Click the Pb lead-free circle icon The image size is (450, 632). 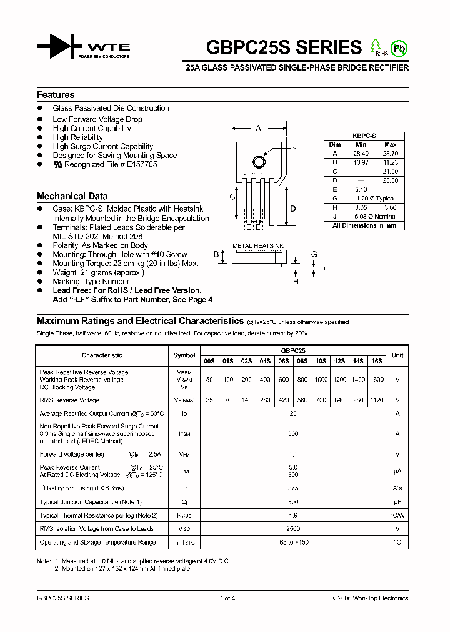398,47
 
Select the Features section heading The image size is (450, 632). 56,95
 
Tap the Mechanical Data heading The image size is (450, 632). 72,196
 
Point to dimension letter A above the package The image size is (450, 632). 258,129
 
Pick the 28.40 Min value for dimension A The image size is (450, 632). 361,153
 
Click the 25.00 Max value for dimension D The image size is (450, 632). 391,180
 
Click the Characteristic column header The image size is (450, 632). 102,355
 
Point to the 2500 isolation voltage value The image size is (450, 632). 292,529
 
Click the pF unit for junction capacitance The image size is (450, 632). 397,502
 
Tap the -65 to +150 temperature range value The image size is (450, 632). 292,542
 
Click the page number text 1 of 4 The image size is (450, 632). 227,598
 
